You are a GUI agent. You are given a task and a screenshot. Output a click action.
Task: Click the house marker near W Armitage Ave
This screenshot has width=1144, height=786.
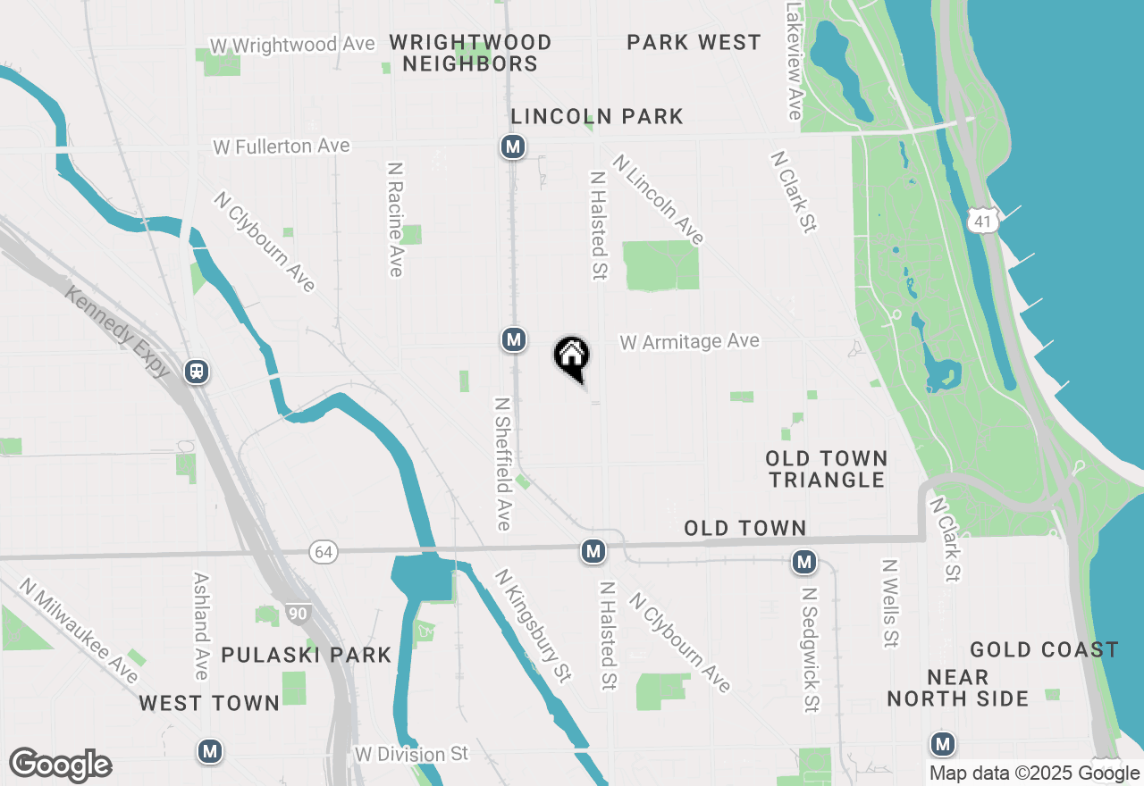point(572,356)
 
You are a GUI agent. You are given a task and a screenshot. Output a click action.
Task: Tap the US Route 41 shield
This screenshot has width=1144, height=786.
point(984,220)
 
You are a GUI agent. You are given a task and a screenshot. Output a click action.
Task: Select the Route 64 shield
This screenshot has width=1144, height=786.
point(324,552)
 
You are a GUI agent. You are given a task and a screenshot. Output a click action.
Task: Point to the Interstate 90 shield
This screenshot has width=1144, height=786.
point(298,613)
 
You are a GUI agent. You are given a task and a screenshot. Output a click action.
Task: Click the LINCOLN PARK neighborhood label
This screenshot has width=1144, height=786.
point(597,116)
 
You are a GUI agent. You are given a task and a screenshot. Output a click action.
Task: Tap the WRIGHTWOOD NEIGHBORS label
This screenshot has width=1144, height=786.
point(470,53)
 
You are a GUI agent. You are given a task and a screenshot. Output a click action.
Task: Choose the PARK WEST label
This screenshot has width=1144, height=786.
point(694,42)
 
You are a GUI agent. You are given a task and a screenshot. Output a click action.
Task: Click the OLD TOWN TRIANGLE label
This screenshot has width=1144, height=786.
point(827,469)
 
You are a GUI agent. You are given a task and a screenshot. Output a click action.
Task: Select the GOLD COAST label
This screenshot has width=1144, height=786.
point(1044,649)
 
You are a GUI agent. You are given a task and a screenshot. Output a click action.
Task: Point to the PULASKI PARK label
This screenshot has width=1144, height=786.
point(307,655)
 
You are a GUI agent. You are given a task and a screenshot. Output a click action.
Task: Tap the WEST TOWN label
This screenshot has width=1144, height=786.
point(210,703)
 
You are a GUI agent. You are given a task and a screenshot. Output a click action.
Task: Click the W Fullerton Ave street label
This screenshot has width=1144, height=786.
point(282,146)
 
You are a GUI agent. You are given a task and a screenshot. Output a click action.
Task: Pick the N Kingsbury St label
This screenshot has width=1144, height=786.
point(533,626)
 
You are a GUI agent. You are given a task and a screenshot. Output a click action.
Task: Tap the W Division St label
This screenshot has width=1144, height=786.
point(411,754)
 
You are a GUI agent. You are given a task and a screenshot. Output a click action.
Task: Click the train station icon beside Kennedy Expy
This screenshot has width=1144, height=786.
point(197,372)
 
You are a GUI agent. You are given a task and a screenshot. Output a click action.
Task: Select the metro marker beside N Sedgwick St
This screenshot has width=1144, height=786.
point(804,562)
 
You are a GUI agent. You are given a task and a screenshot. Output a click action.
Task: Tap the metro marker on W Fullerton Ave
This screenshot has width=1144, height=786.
point(512,146)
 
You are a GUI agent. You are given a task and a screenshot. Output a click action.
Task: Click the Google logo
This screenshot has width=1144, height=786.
point(61,765)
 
